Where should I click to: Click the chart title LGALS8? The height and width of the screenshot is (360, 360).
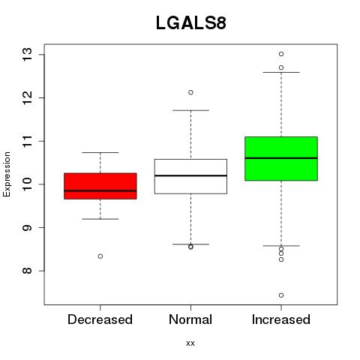tap(191, 23)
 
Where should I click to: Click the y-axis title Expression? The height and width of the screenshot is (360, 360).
tap(7, 174)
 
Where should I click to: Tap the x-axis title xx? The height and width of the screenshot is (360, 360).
tap(190, 343)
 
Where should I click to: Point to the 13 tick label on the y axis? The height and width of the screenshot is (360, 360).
tap(27, 55)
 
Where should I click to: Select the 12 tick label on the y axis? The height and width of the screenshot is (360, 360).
tap(27, 97)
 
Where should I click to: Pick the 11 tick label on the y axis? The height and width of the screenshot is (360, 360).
tap(27, 141)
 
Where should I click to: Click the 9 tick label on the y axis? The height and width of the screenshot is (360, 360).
tap(27, 227)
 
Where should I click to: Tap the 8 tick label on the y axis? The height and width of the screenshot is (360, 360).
tap(27, 271)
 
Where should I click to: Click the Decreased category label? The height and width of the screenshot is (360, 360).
tap(100, 319)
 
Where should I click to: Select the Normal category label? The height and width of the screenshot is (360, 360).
tap(190, 319)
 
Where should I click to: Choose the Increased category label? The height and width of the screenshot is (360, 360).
tap(281, 319)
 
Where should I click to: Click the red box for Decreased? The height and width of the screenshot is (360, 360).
tap(100, 186)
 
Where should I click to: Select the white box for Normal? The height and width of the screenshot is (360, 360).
tap(190, 176)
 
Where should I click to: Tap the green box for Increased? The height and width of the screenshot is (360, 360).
tap(281, 158)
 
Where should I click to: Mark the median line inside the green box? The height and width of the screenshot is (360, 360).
tap(281, 158)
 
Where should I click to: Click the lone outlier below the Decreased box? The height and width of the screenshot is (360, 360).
tap(100, 256)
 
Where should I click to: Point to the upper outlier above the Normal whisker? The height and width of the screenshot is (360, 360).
tap(190, 92)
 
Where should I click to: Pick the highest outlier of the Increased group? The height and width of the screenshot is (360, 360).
tap(281, 54)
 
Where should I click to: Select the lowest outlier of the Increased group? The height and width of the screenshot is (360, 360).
tap(281, 295)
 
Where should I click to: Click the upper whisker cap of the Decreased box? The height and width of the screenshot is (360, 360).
tap(100, 152)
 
